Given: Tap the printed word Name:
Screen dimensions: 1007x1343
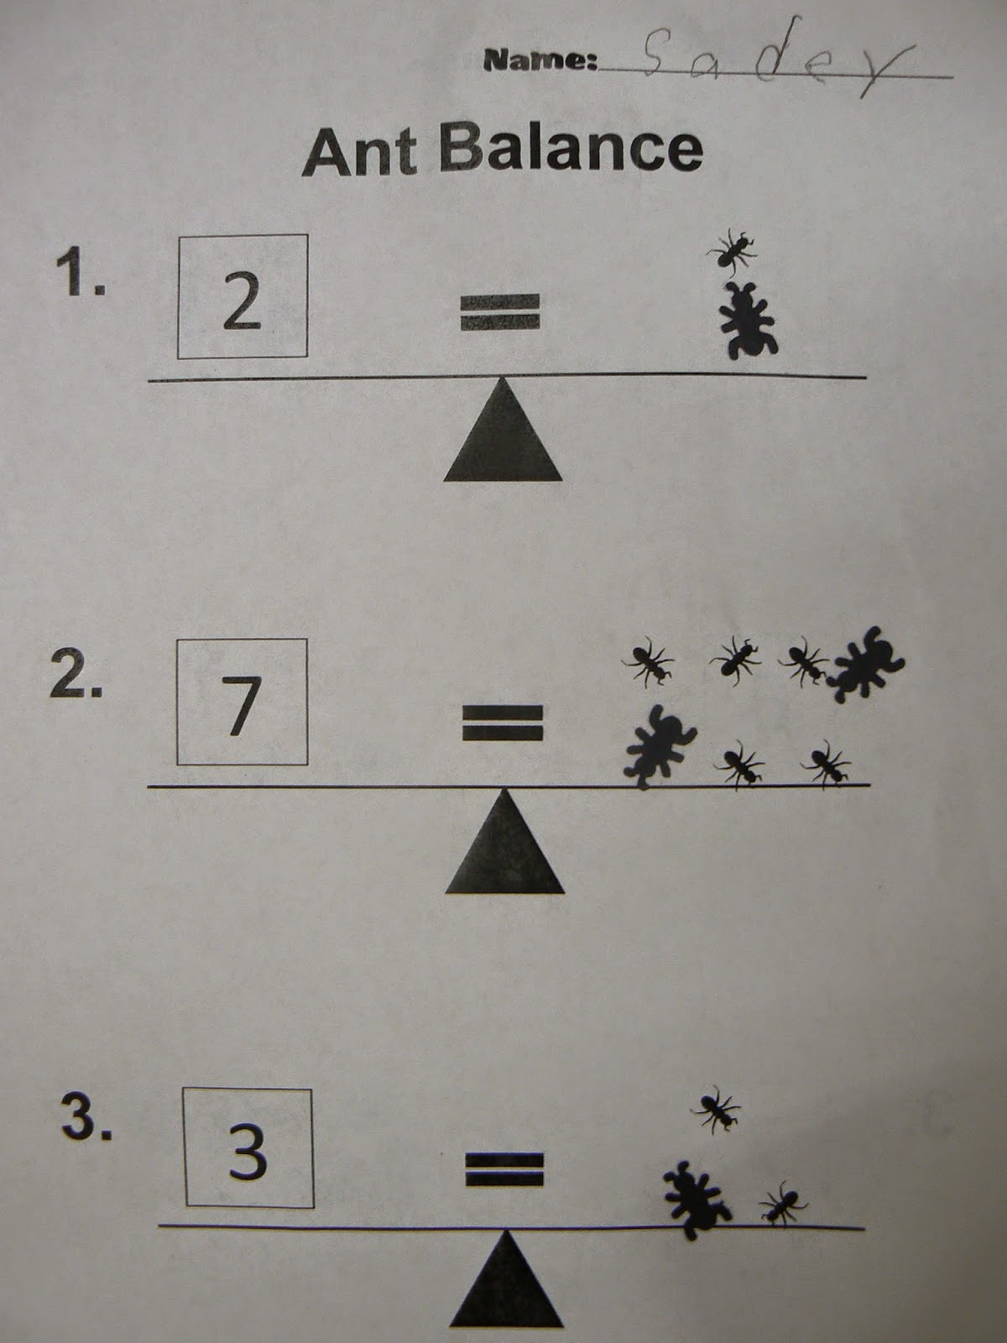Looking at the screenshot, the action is pyautogui.click(x=540, y=60).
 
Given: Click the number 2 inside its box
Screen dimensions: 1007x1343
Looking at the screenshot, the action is pyautogui.click(x=243, y=301).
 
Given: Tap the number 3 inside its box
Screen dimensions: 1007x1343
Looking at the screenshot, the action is pyautogui.click(x=248, y=1152).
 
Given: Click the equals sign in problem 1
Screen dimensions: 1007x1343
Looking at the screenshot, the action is pyautogui.click(x=500, y=312).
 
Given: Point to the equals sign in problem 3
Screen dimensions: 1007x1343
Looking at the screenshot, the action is pyautogui.click(x=505, y=1171).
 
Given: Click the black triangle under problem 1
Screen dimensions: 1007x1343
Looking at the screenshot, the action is pyautogui.click(x=503, y=431).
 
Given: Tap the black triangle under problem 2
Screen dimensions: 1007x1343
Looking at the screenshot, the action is pyautogui.click(x=504, y=842).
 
